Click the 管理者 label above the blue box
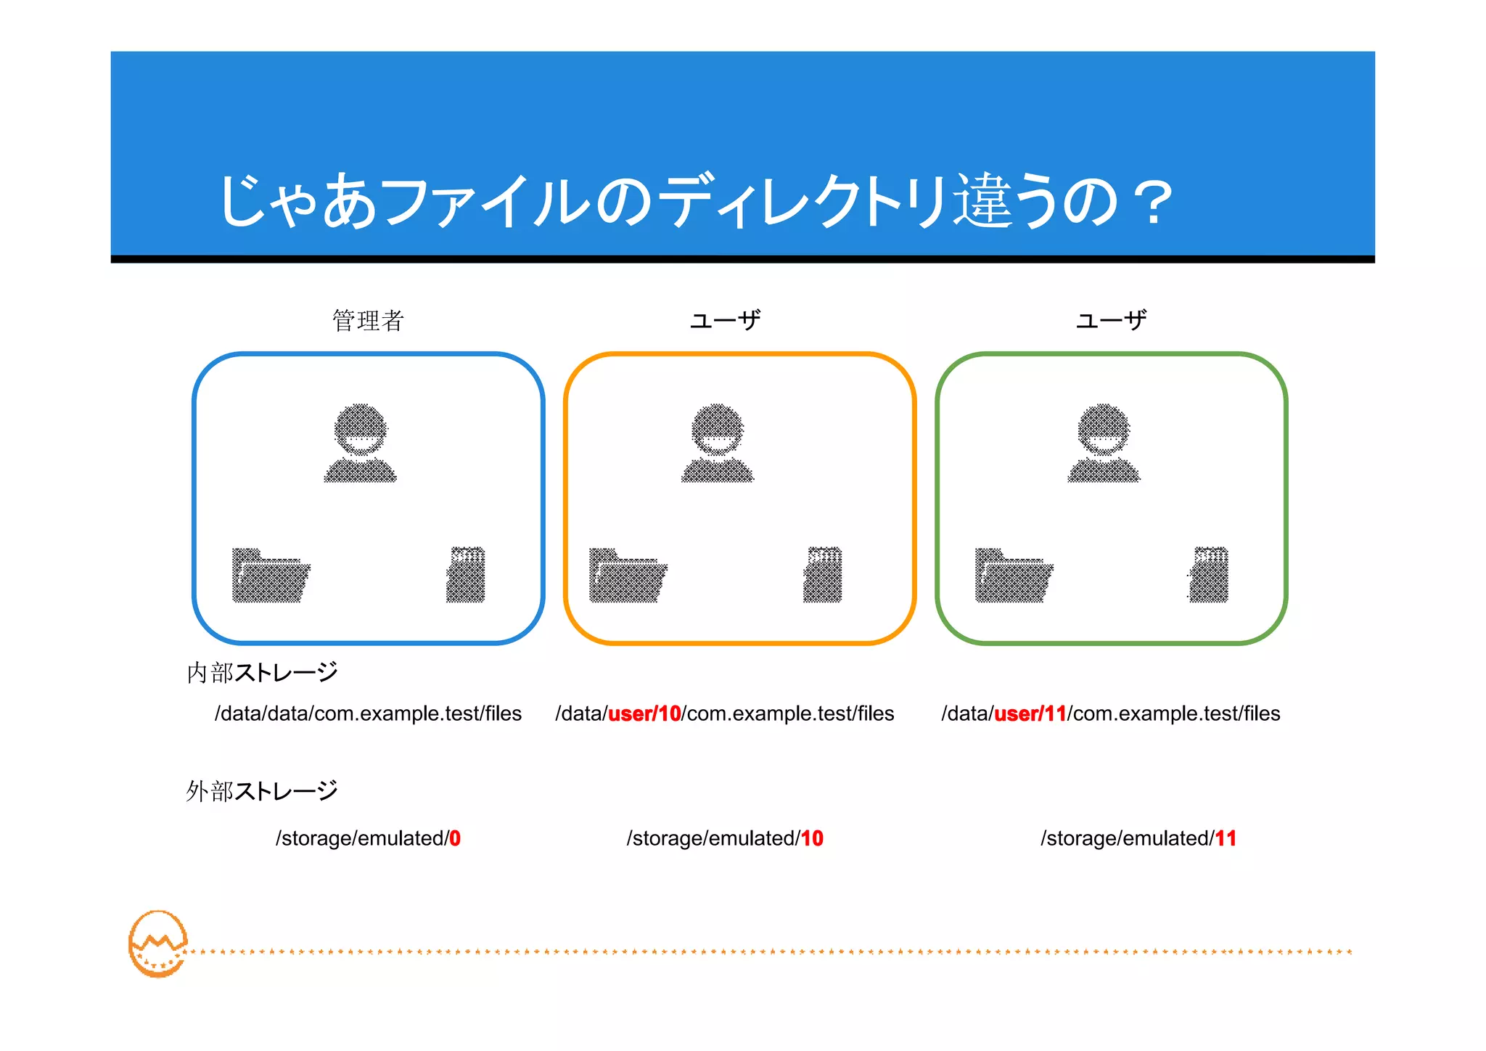click(x=368, y=320)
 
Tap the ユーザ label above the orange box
click(x=725, y=320)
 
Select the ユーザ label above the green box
click(x=1111, y=320)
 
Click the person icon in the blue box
click(x=360, y=443)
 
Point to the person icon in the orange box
click(x=718, y=443)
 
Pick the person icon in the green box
click(x=1104, y=443)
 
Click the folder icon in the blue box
click(x=270, y=575)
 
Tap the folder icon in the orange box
click(x=628, y=575)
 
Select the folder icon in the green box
click(x=1014, y=575)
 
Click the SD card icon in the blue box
click(x=466, y=574)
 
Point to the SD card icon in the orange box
click(x=823, y=574)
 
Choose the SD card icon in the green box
click(x=1210, y=574)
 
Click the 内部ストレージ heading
click(x=262, y=673)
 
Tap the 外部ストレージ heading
click(x=262, y=791)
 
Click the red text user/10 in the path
click(x=644, y=714)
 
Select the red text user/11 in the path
click(x=1030, y=714)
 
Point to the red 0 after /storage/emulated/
click(x=455, y=839)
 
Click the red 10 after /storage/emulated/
click(x=812, y=839)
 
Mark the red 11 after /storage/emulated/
click(x=1226, y=839)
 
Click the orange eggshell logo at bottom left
click(x=157, y=944)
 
